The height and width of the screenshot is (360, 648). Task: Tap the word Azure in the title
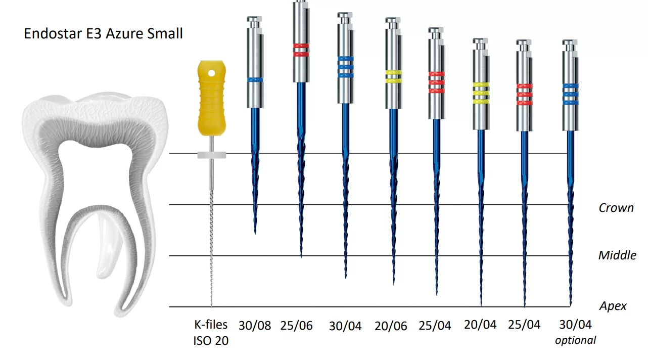pos(118,34)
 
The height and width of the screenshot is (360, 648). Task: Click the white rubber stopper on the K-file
pos(211,154)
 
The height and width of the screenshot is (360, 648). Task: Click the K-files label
pos(211,325)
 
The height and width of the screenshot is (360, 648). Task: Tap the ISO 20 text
pos(211,341)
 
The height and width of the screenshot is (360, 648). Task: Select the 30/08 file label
pos(254,325)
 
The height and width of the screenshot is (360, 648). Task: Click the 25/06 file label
pos(297,325)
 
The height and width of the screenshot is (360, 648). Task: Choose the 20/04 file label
pos(480,325)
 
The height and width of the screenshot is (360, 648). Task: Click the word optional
pos(575,340)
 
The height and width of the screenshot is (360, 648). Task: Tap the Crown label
pos(616,208)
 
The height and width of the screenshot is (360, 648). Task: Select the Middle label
pos(617,255)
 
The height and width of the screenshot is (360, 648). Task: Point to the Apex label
pos(613,306)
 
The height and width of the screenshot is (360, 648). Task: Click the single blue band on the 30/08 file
pos(255,80)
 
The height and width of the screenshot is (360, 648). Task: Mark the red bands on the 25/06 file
pos(301,49)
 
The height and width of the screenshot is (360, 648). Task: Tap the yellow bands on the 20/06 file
pos(393,76)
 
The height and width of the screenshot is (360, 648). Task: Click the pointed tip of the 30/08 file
pos(255,233)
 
